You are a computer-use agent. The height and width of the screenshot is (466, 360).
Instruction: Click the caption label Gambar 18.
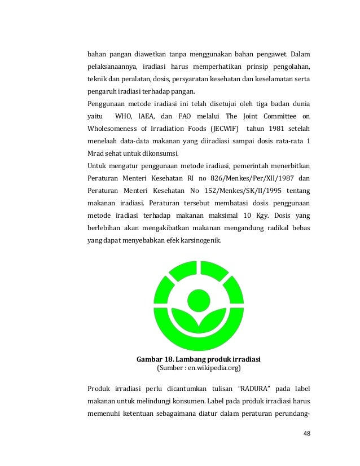point(155,359)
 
